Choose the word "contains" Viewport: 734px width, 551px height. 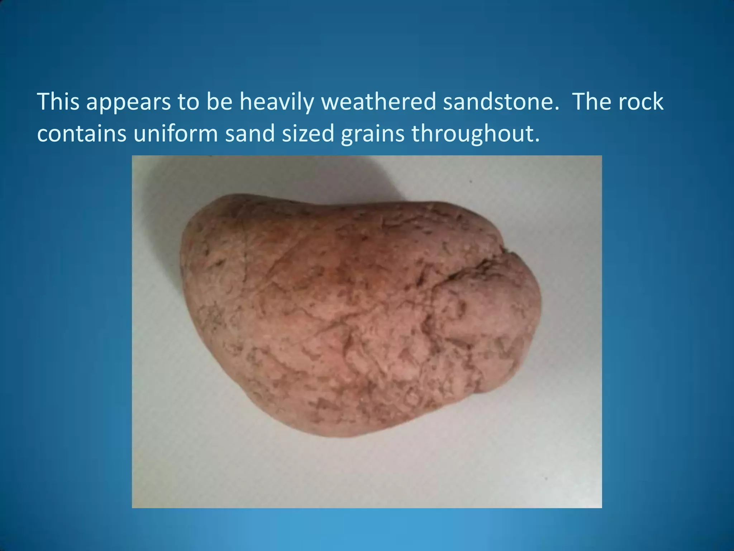coord(82,133)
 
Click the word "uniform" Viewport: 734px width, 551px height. coord(176,133)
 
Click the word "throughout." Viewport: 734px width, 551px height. coord(475,133)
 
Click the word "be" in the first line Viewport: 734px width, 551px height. coord(218,102)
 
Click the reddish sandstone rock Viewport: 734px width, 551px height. coord(340,316)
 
